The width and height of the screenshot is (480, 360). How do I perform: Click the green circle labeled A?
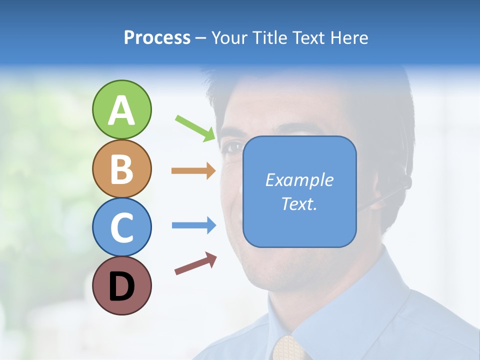point(121,109)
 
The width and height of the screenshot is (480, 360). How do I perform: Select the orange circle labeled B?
point(121,168)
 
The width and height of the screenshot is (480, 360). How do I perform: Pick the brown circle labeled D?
point(121,285)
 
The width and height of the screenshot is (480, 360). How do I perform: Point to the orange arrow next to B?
point(194,171)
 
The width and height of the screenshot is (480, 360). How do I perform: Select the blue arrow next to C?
point(194,225)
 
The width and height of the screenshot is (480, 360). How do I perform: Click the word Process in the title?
point(157,37)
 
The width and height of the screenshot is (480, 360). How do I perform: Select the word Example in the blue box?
point(299,180)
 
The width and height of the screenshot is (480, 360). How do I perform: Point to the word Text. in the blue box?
point(299,203)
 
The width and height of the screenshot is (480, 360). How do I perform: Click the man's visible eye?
point(232,147)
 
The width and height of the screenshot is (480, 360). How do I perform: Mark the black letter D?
point(121,286)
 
